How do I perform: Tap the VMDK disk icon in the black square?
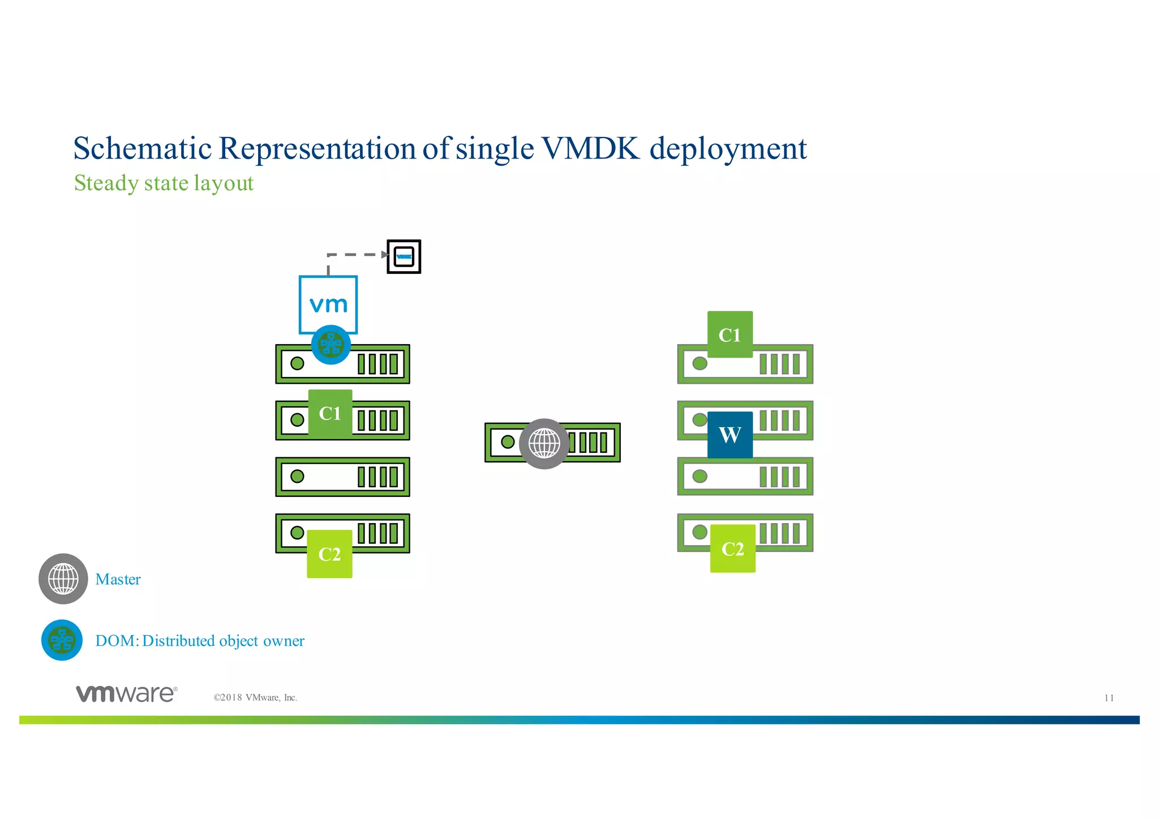[404, 257]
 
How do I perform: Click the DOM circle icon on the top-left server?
[331, 345]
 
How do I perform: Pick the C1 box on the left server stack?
[330, 413]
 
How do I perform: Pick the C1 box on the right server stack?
[730, 335]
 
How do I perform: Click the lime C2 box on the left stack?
[329, 554]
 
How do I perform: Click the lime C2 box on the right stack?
[733, 548]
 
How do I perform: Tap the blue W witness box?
[730, 435]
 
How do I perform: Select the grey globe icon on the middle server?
[544, 444]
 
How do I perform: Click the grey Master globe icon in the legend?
[63, 579]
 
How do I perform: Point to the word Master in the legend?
[118, 580]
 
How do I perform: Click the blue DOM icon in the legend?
[62, 641]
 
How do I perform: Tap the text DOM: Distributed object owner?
[200, 641]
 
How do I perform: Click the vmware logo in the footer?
[127, 693]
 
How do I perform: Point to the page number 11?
[1109, 698]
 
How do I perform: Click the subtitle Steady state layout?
[164, 183]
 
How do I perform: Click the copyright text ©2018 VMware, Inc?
[255, 698]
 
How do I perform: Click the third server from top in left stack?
[342, 477]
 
